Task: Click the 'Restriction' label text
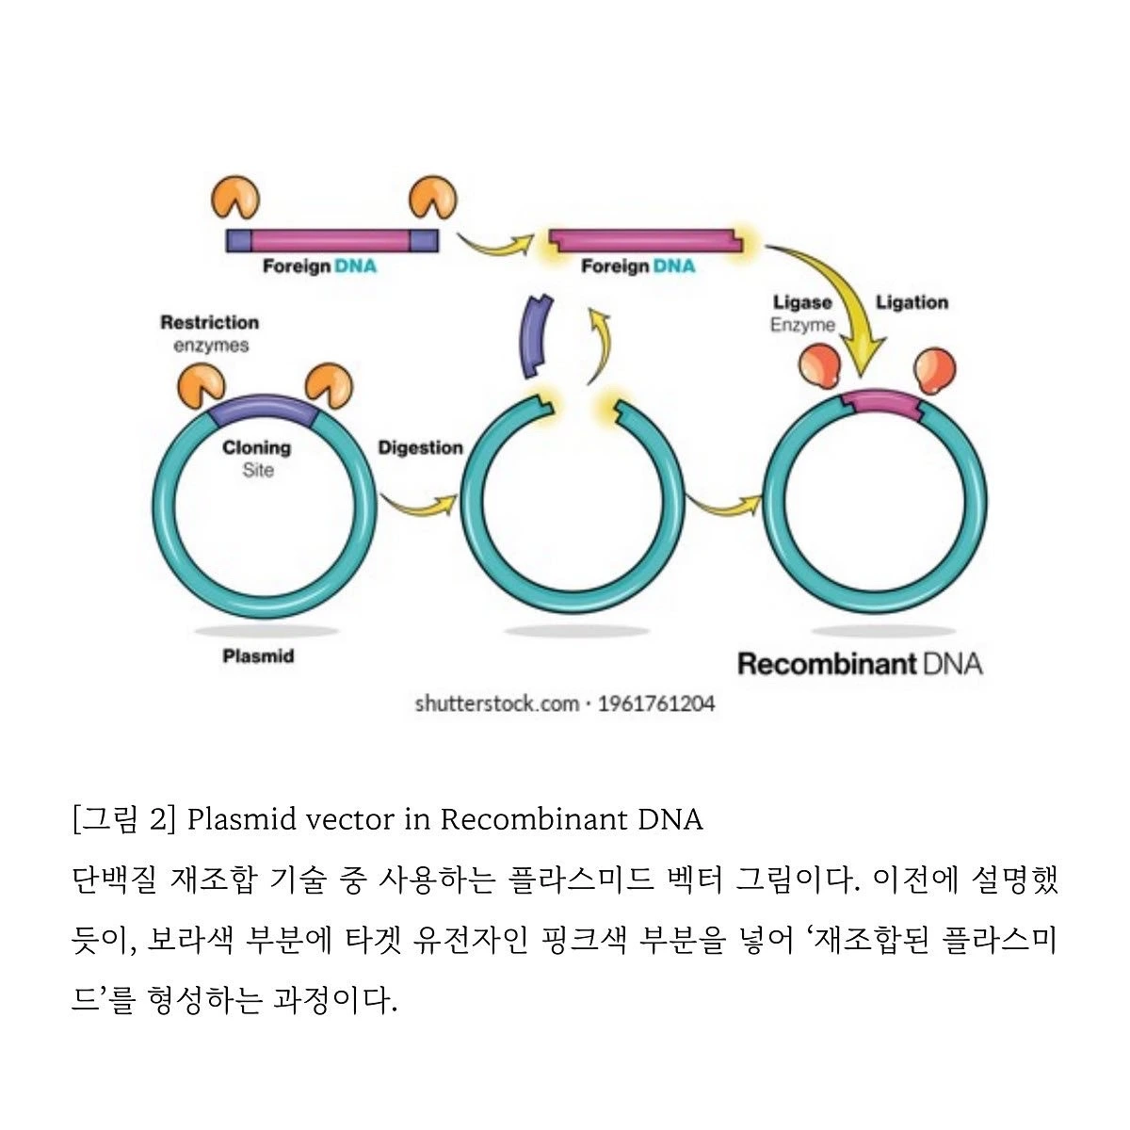pyautogui.click(x=209, y=323)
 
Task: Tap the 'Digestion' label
pyautogui.click(x=420, y=448)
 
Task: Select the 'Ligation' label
pyautogui.click(x=912, y=302)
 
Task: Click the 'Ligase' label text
pyautogui.click(x=802, y=303)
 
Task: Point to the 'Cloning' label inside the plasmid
pyautogui.click(x=256, y=448)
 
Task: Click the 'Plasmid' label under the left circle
pyautogui.click(x=258, y=656)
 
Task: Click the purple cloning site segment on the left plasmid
pyautogui.click(x=263, y=412)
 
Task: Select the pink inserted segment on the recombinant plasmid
pyautogui.click(x=881, y=403)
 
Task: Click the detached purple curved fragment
pyautogui.click(x=536, y=337)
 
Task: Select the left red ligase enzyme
pyautogui.click(x=818, y=367)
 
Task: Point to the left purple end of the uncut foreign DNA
pyautogui.click(x=238, y=241)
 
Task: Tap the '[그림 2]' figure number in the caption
pyautogui.click(x=123, y=819)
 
